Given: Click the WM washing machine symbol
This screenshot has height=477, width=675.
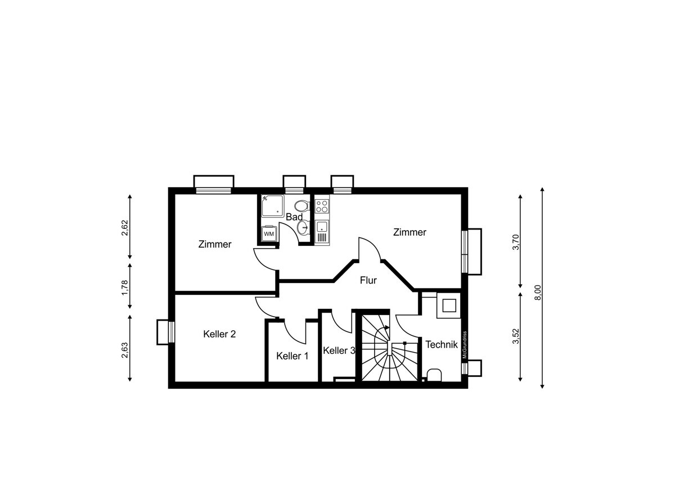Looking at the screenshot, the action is coord(269,233).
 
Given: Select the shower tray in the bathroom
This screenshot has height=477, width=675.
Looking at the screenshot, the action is coord(273,206).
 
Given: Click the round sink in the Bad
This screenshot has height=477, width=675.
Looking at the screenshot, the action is coord(302,227).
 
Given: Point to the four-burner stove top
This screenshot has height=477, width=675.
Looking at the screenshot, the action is coord(322,205).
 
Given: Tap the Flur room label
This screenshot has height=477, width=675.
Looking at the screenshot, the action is coord(368,281).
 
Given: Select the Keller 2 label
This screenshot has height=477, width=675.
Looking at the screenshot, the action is coord(219,334).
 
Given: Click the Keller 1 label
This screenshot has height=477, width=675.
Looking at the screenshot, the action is coord(292,356).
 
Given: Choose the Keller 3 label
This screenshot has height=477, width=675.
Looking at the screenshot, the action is coord(339,350).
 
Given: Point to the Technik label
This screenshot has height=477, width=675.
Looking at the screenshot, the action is coord(442,344).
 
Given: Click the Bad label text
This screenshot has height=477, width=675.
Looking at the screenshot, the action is coord(294,217).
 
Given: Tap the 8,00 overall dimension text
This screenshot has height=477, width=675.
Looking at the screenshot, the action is coord(538,292).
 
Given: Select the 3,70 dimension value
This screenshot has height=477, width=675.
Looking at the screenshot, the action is coord(516,242).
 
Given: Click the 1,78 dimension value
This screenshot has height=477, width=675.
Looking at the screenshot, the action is coord(124,288).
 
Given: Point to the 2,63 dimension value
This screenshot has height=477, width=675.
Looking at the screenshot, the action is coord(124,350).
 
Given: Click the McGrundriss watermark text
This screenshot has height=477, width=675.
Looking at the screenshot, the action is coord(465,345).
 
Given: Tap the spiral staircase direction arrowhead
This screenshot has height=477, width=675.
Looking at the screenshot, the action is coord(387,327).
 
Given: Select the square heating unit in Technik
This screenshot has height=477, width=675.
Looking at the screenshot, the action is coord(449,305).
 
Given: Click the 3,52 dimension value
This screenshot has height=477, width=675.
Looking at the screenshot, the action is coord(516,336).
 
